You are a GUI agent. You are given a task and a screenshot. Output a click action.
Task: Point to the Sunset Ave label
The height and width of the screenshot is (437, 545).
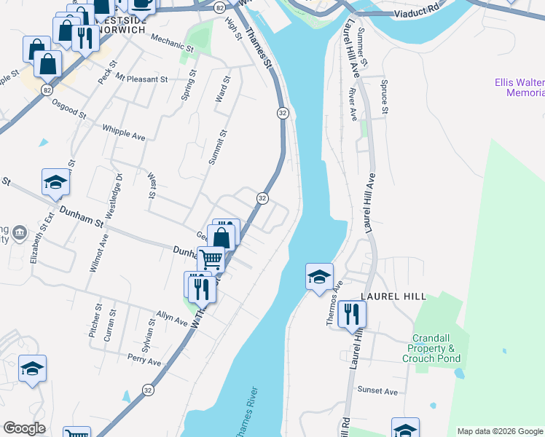[x=377, y=391]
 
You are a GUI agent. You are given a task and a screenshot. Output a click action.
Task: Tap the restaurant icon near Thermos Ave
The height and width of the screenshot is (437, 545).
[x=352, y=315]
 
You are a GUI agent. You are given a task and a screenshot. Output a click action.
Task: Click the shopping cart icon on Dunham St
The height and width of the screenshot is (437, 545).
[x=211, y=259]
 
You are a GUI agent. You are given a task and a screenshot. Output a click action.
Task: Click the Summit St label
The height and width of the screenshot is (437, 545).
[x=214, y=148]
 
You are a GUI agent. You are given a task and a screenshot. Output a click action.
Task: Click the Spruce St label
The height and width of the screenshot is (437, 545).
[x=384, y=97]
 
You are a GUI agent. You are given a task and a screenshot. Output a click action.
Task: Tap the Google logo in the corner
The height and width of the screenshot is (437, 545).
[x=24, y=428]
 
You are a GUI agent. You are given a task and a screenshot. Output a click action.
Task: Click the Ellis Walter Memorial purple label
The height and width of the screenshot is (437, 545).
[x=519, y=88]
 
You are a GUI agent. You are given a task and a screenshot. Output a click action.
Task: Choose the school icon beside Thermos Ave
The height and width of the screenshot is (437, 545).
[x=319, y=277]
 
